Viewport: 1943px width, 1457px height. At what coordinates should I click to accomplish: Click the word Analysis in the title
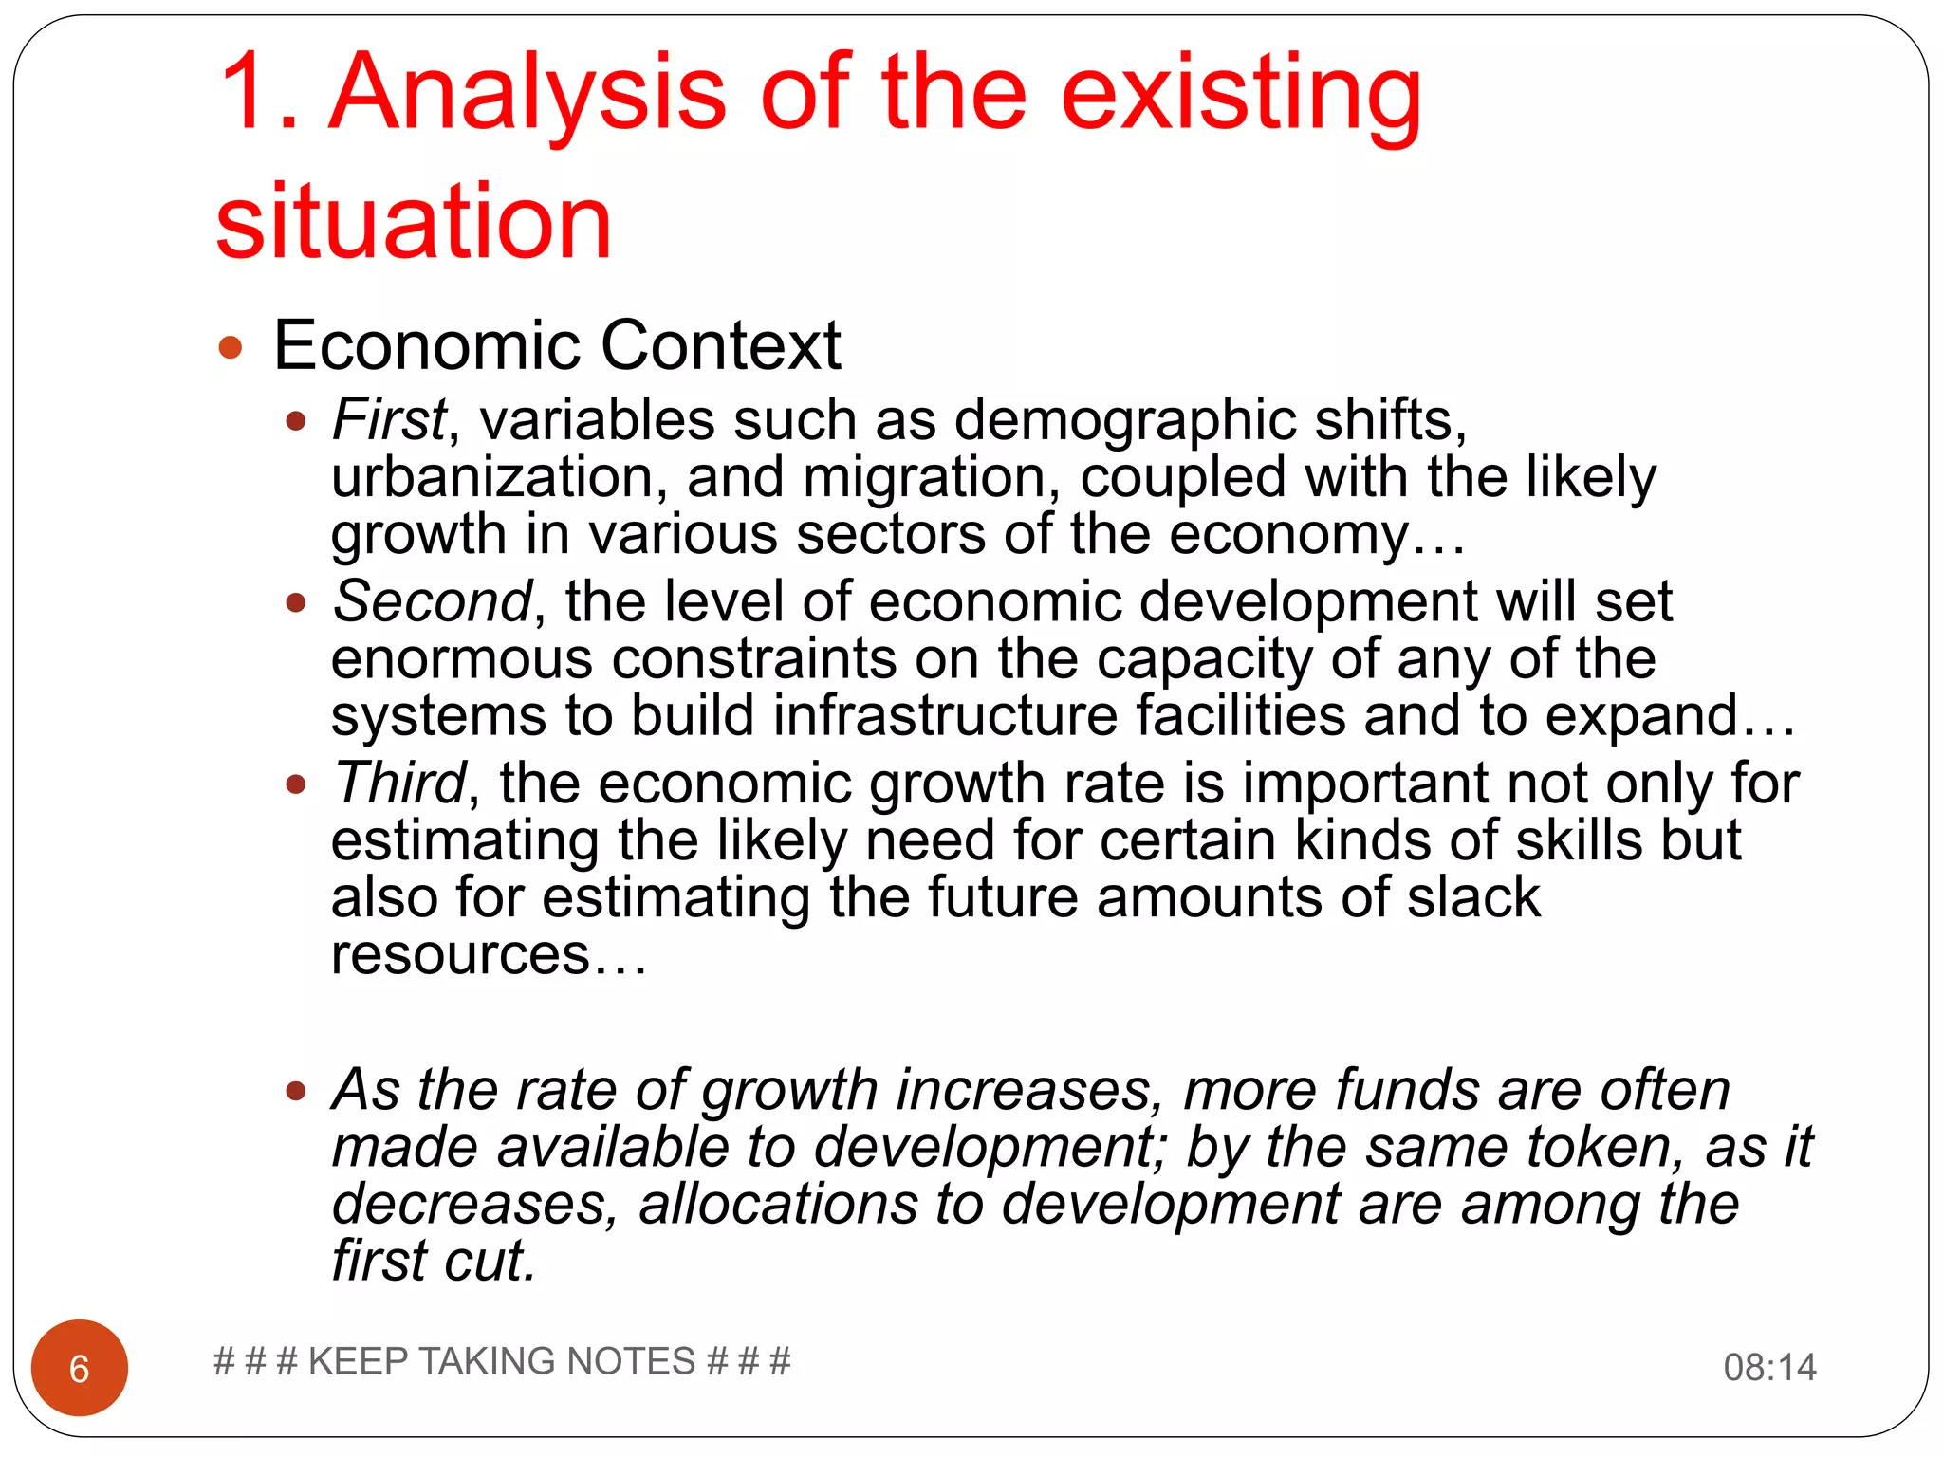click(x=528, y=93)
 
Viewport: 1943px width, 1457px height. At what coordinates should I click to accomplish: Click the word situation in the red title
click(x=414, y=222)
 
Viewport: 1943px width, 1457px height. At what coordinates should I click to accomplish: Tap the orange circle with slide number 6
click(x=80, y=1368)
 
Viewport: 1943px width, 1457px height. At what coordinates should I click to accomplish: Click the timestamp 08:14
click(x=1769, y=1368)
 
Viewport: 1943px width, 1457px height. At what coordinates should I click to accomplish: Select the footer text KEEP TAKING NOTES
click(x=502, y=1361)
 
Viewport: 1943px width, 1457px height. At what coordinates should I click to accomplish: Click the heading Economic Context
click(x=557, y=345)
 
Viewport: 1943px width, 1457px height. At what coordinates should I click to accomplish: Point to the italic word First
click(x=388, y=419)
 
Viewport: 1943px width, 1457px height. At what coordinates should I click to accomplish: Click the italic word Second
click(x=433, y=601)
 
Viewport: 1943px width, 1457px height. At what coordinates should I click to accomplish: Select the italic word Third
click(x=399, y=784)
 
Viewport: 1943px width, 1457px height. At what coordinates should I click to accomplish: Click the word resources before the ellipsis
click(x=460, y=954)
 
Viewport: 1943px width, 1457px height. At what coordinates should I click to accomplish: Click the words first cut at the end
click(x=434, y=1262)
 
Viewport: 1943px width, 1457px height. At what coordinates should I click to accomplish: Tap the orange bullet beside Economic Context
click(x=231, y=347)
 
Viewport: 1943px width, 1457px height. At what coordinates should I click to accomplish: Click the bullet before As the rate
click(x=296, y=1092)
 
